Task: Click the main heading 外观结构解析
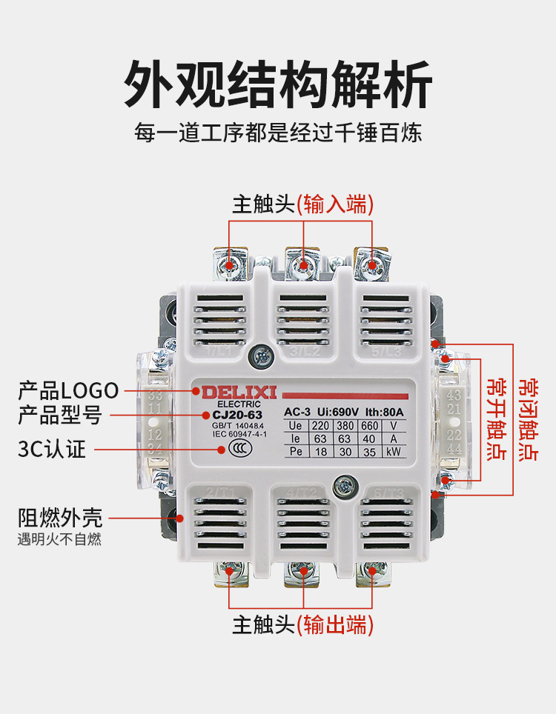pyautogui.click(x=277, y=83)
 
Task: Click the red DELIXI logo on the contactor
pyautogui.click(x=224, y=390)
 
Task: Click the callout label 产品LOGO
pyautogui.click(x=68, y=390)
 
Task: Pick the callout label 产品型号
pyautogui.click(x=59, y=415)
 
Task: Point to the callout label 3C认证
pyautogui.click(x=52, y=449)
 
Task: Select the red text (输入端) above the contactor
pyautogui.click(x=335, y=204)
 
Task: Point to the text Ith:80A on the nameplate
pyautogui.click(x=384, y=412)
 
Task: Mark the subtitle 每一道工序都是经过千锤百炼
pyautogui.click(x=277, y=134)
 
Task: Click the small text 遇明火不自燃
pyautogui.click(x=59, y=539)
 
